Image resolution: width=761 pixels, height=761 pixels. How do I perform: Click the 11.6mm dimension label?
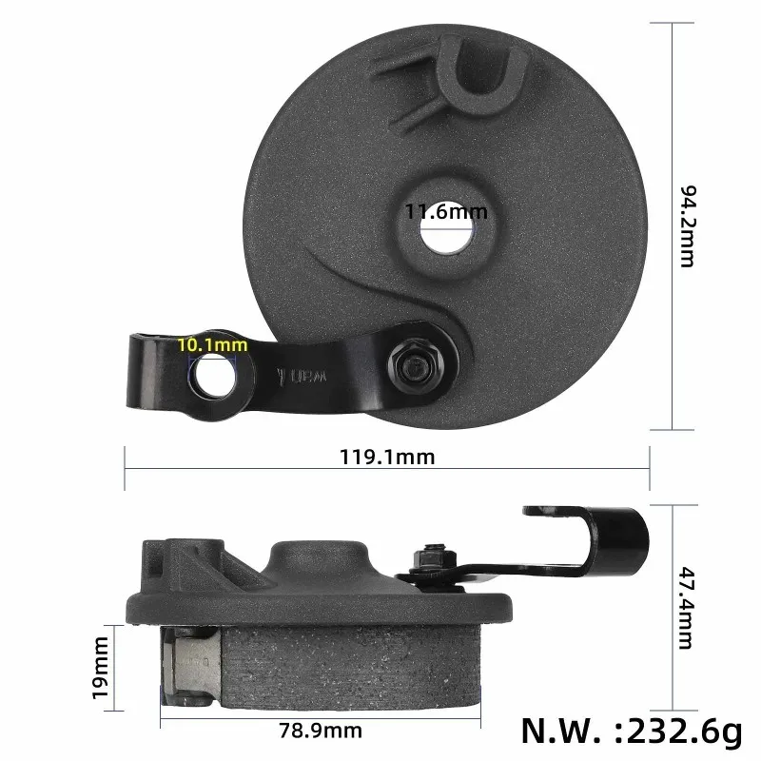[x=439, y=212]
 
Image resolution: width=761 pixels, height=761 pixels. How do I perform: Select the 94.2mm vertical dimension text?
[x=687, y=226]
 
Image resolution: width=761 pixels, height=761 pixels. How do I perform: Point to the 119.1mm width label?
[x=387, y=457]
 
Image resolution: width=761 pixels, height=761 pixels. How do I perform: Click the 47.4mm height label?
[x=687, y=609]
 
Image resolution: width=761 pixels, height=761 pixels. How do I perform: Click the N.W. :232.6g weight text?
[x=631, y=730]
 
